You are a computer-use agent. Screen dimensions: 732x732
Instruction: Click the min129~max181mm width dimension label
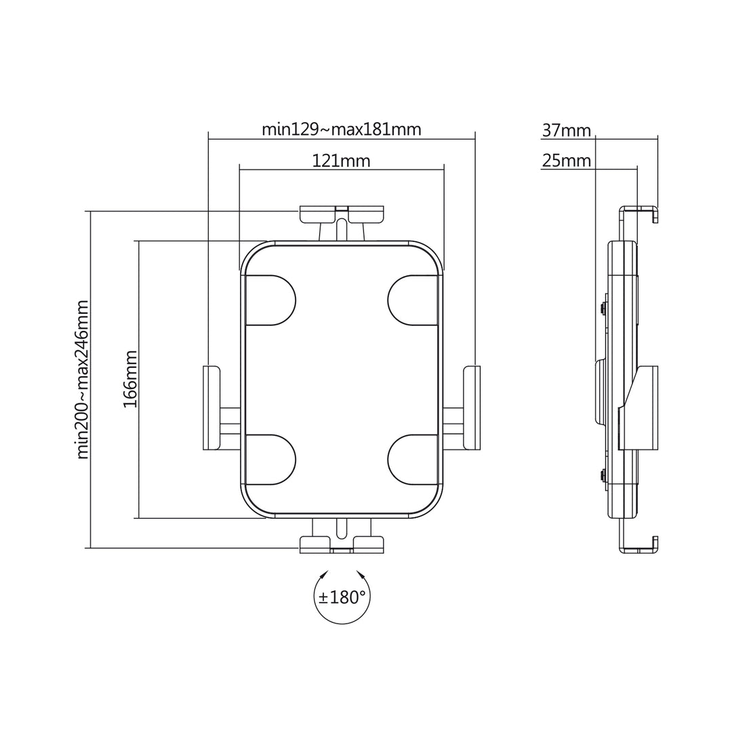point(342,129)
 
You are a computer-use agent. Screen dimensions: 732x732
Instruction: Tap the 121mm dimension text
point(341,161)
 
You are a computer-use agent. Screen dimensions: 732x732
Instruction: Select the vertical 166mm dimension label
point(130,379)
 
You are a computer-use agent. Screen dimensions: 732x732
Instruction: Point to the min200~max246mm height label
point(83,380)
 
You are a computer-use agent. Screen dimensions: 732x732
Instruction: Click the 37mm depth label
point(567,130)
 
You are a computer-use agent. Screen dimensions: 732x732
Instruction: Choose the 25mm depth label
point(567,161)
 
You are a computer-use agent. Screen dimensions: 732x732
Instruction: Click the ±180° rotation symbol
point(342,597)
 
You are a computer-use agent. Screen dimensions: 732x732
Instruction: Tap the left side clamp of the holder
point(211,407)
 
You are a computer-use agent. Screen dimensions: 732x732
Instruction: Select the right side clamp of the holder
point(472,407)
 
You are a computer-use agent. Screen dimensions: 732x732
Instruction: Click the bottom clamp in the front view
point(342,542)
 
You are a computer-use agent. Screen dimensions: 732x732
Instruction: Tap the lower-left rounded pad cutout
point(270,460)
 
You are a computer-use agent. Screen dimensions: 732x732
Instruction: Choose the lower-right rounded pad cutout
point(413,460)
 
